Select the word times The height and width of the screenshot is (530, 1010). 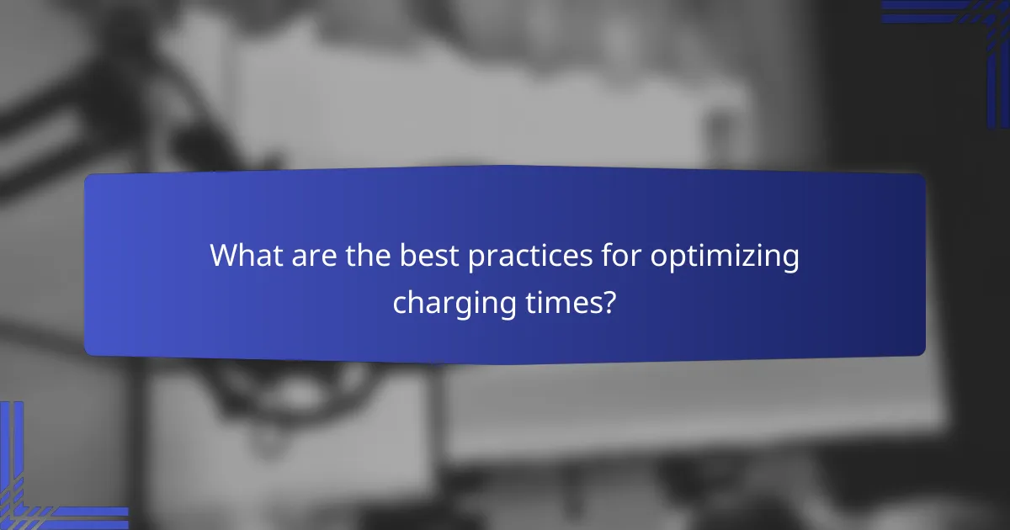point(566,301)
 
